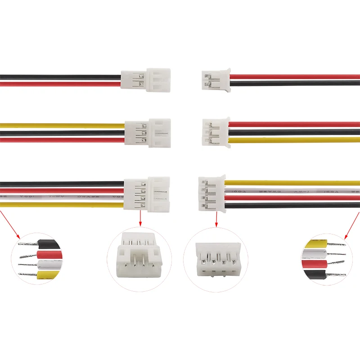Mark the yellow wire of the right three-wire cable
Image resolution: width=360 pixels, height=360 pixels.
[x=292, y=140]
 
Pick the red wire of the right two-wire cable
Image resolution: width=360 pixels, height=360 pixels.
[x=292, y=77]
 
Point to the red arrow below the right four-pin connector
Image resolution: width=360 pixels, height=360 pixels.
[x=216, y=218]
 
